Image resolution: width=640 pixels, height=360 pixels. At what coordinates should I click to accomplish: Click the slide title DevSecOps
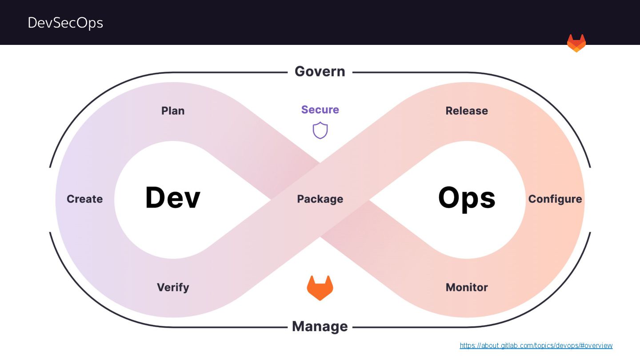(65, 23)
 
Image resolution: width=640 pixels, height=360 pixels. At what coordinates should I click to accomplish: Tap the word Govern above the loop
(320, 72)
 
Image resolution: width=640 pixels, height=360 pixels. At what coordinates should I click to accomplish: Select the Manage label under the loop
(320, 327)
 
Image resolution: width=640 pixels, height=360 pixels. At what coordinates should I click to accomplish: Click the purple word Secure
(320, 110)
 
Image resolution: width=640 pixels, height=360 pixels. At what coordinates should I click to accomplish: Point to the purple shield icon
(320, 131)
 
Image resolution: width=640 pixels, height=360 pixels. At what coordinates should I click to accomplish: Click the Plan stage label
(173, 111)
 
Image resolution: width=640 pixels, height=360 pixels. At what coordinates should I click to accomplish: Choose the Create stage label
(84, 199)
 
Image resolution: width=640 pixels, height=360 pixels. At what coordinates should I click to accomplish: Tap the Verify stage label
(173, 288)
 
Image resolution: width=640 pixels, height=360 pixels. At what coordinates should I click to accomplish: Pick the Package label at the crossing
(320, 199)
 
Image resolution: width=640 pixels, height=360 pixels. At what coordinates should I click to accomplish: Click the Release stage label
(467, 111)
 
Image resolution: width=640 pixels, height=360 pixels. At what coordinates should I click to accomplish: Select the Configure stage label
(555, 199)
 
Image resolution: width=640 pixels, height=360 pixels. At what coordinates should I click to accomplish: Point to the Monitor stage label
(467, 288)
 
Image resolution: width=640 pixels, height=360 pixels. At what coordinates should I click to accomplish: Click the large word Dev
(173, 198)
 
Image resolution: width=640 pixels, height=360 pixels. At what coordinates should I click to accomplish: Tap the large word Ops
(467, 198)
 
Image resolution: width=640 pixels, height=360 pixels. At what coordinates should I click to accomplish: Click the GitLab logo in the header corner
(576, 43)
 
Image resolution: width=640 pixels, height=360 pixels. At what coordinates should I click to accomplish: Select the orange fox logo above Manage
(320, 288)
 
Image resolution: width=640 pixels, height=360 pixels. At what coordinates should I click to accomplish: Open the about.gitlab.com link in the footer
(536, 346)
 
